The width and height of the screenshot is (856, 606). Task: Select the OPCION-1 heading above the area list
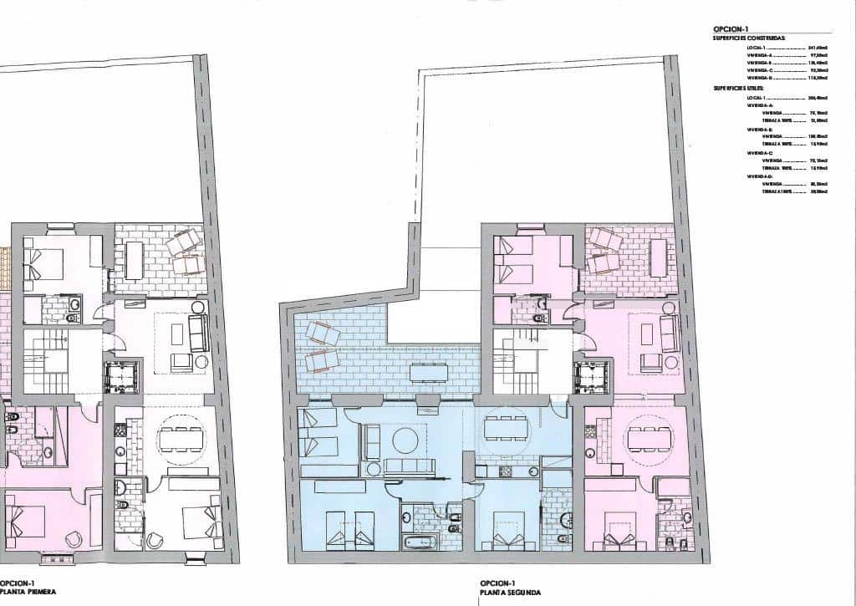[x=725, y=28]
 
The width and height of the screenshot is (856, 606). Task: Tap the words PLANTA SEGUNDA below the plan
[x=504, y=592]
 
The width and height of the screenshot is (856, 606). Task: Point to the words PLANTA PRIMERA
[x=28, y=592]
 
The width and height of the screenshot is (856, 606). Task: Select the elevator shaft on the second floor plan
[x=592, y=377]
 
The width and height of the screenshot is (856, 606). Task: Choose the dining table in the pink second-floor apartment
[x=650, y=437]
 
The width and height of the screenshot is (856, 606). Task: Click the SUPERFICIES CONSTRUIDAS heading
[x=749, y=38]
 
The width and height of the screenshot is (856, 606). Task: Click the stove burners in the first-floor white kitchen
[x=120, y=432]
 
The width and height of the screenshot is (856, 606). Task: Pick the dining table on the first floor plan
[x=181, y=437]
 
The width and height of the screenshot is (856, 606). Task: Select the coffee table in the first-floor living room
[x=176, y=333]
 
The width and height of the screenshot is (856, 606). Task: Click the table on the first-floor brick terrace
[x=134, y=261]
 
